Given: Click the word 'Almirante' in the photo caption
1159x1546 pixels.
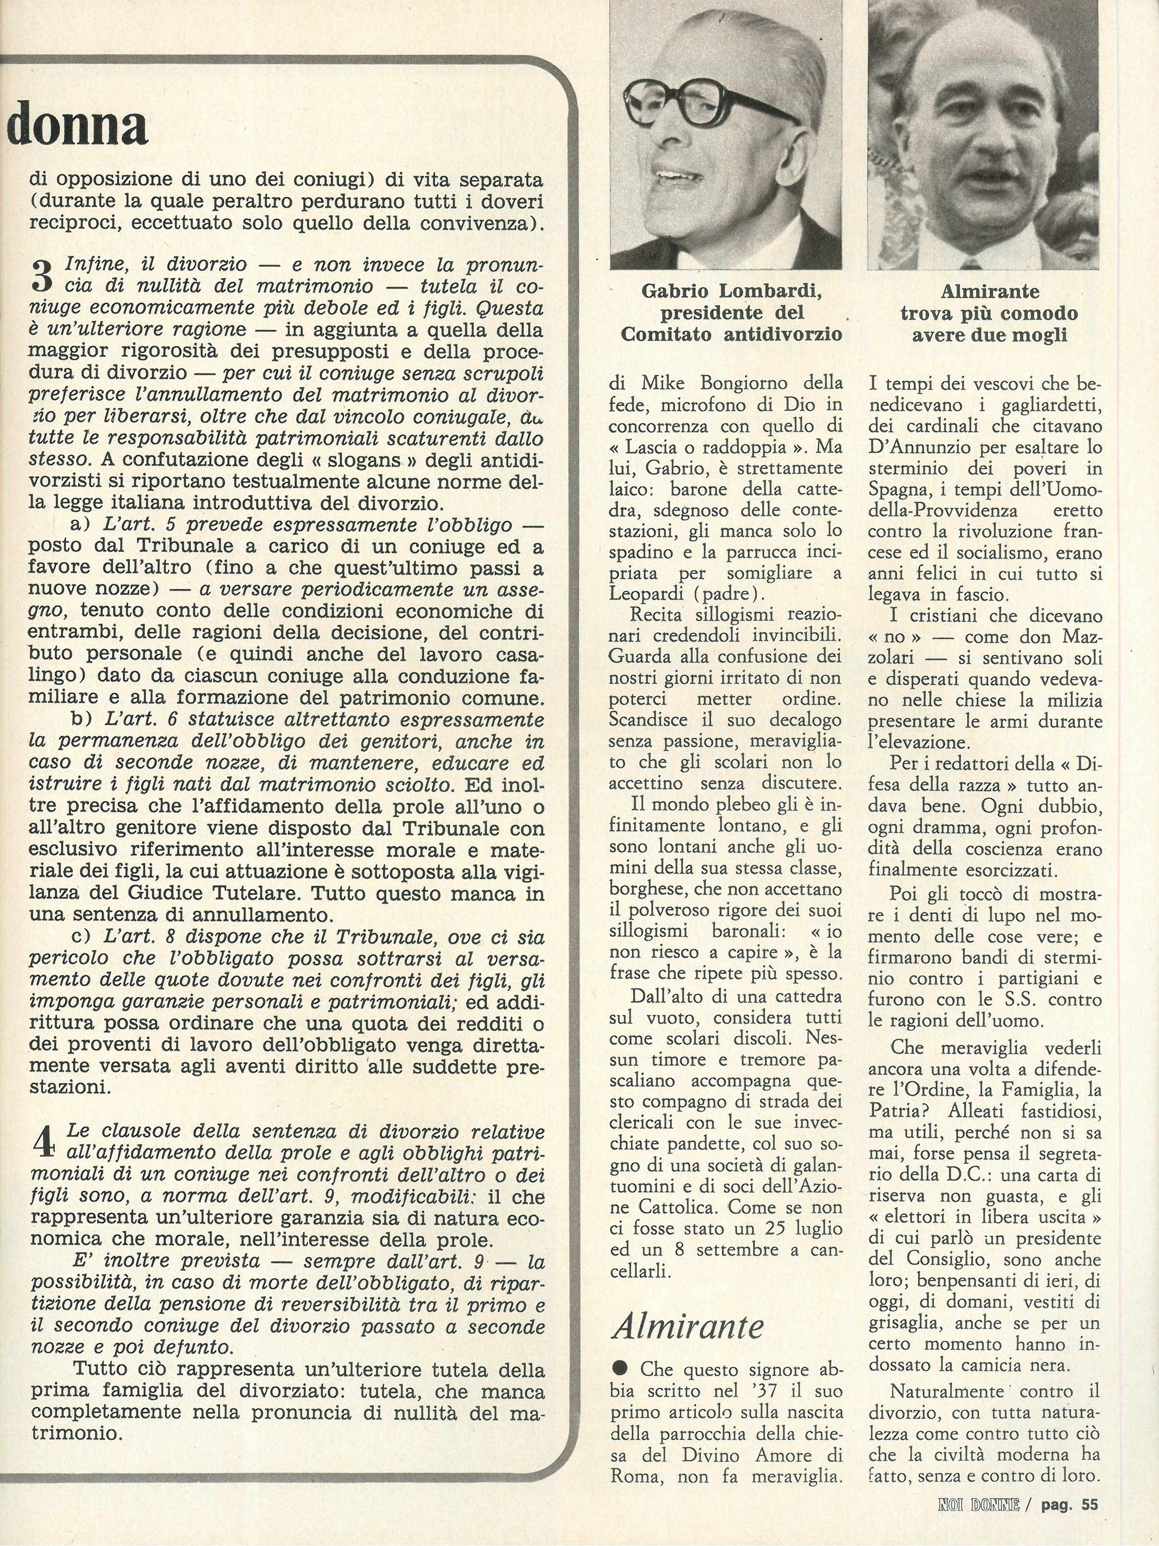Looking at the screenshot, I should [x=989, y=291].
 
